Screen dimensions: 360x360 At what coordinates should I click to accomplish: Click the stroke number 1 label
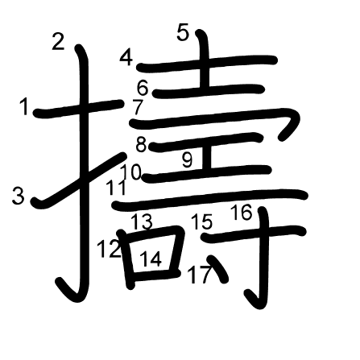coord(25,106)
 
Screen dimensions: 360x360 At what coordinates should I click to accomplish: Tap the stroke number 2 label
coord(59,41)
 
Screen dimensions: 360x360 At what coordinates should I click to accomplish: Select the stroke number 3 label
coord(19,196)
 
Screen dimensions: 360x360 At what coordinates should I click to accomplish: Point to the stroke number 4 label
coord(126,58)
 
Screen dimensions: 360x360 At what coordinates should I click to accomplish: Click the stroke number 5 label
coord(184,32)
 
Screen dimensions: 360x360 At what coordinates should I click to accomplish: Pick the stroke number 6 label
coord(143,88)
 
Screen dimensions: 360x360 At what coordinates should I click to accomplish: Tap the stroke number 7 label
coord(138,106)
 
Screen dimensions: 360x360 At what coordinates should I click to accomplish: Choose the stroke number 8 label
coord(141,145)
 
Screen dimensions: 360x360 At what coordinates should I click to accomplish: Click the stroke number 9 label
coord(187,159)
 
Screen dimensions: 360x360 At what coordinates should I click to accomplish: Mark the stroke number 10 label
coord(130,172)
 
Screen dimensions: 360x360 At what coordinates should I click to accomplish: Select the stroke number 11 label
coord(116,187)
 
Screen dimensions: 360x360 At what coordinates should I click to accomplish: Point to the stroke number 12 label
coord(109,249)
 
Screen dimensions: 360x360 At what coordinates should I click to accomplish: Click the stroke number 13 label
coord(142,221)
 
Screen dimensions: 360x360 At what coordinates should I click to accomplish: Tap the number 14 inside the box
coord(151,259)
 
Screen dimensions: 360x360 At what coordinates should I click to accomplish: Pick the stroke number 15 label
coord(202,221)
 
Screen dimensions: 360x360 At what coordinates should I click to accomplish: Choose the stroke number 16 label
coord(242,212)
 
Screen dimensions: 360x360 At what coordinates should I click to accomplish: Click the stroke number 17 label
coord(200,275)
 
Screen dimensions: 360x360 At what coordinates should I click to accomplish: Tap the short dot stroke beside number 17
coord(217,269)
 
